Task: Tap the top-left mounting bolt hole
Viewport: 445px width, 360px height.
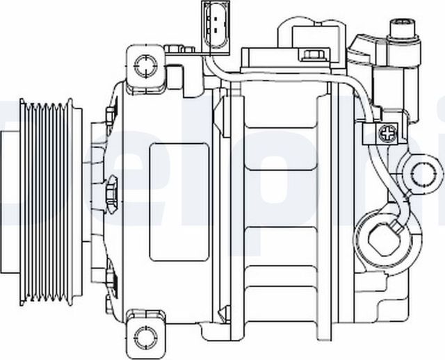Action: click(145, 66)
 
